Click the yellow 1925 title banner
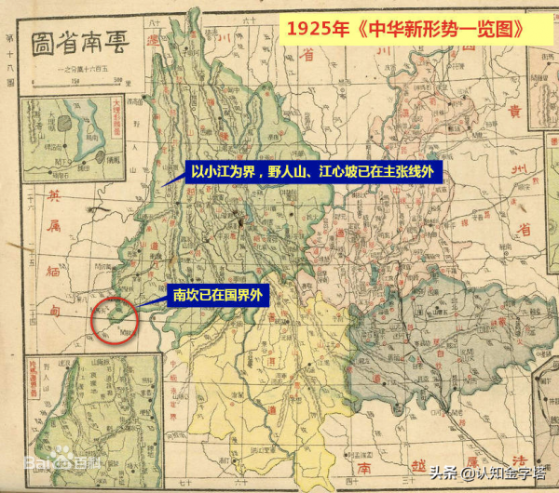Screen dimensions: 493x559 pos(404,29)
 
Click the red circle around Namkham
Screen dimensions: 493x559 pos(116,320)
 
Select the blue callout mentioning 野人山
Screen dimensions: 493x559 pos(312,172)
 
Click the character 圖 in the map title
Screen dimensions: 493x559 pos(42,42)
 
